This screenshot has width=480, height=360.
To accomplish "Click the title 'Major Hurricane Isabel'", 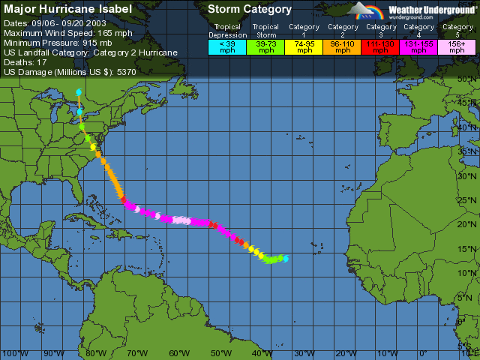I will pyautogui.click(x=68, y=9).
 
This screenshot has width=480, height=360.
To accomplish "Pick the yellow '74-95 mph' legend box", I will pyautogui.click(x=304, y=47).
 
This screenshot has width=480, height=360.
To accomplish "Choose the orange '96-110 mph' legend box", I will pyautogui.click(x=342, y=47).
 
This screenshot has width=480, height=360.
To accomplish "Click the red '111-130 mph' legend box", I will pyautogui.click(x=380, y=47).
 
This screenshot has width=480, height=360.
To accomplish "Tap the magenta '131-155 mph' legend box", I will pyautogui.click(x=418, y=47).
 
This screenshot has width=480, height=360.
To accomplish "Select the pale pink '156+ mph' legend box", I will pyautogui.click(x=456, y=47).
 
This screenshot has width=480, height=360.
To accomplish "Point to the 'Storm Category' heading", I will pyautogui.click(x=250, y=9).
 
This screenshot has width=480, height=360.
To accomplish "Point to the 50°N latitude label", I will pyautogui.click(x=469, y=79).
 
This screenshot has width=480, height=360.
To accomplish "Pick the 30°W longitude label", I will pyautogui.click(x=304, y=353).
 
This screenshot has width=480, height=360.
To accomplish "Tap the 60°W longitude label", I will pyautogui.click(x=179, y=353).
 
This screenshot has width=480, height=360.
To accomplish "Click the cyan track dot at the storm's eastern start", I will pyautogui.click(x=285, y=259).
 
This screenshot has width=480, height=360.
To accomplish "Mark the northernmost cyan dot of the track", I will pyautogui.click(x=79, y=92).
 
